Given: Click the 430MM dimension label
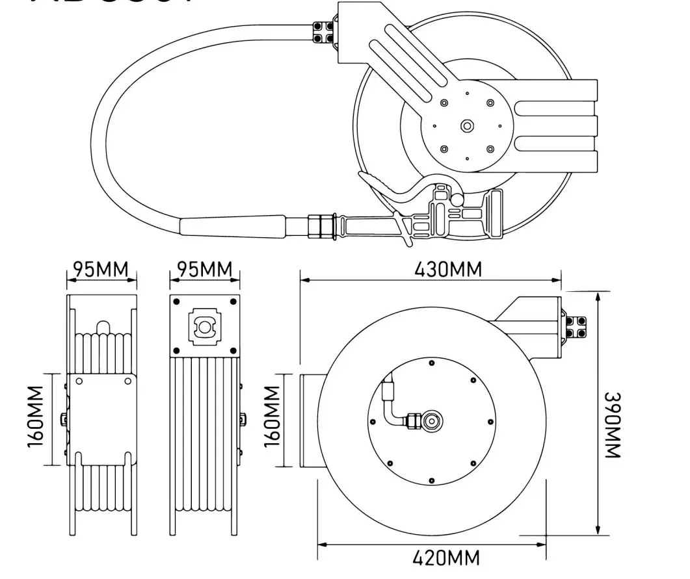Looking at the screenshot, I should coord(448,268).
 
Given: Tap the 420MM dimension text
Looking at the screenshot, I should coord(446,558).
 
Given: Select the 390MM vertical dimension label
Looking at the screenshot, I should coord(613,425).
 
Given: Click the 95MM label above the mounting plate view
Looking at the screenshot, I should coord(205,268).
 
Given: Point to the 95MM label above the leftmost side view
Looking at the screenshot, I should coord(101,268).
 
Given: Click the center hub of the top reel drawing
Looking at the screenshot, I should coord(466,126).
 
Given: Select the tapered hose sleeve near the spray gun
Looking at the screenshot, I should coord(233,226).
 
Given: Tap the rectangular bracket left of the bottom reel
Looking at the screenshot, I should coord(309,420).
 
